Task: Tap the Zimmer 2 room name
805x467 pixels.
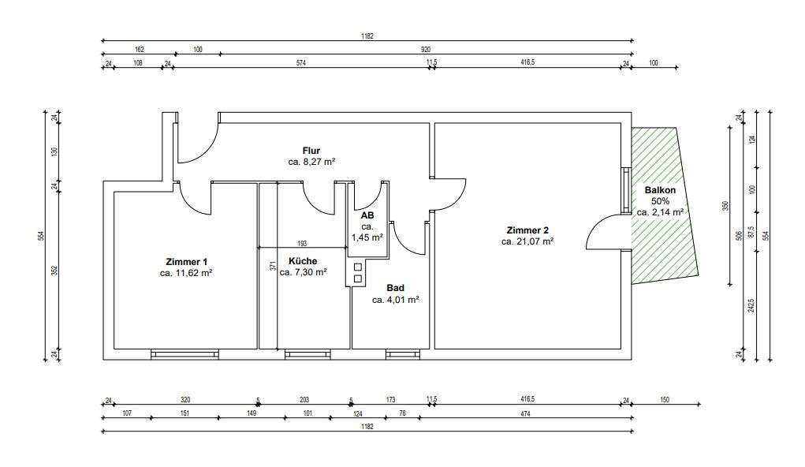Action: pos(527,230)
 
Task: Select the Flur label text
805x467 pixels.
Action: pos(311,151)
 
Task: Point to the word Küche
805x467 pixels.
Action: pos(303,261)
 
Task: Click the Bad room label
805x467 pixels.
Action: pos(395,288)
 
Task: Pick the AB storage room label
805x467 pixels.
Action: pos(367,215)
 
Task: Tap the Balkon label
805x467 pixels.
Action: pos(660,190)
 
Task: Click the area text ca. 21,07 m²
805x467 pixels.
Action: pos(527,241)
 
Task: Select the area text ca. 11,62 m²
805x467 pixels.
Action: pos(186,273)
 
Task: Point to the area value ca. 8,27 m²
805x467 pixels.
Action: pos(311,162)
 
